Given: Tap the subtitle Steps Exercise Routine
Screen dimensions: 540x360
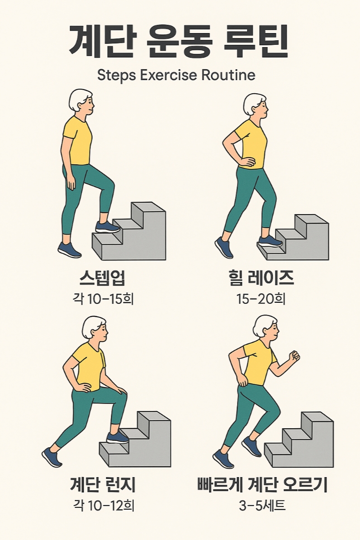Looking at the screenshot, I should pos(176,75).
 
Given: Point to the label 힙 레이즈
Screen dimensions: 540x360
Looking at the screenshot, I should pos(262,279).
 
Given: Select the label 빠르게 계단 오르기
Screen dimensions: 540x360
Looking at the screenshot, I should pos(262,485).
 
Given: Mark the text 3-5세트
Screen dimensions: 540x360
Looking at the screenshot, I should pos(262,505).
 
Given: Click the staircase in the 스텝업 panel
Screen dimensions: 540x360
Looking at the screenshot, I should pos(136,235).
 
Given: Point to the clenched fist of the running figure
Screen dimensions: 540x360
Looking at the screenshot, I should pos(294,356).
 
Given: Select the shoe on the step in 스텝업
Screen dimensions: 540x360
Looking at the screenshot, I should pos(108,227).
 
